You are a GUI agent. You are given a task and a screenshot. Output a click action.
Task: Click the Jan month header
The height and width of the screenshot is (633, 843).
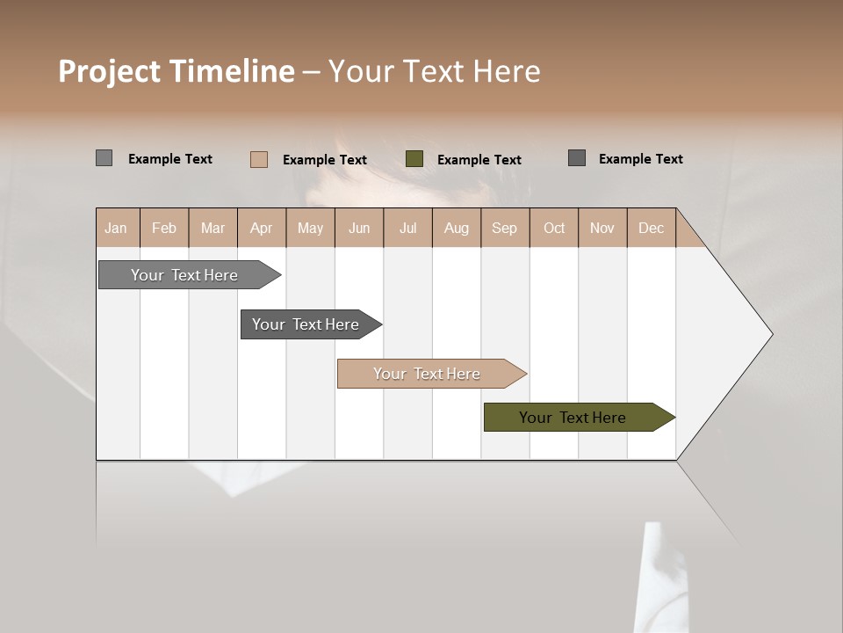pyautogui.click(x=116, y=228)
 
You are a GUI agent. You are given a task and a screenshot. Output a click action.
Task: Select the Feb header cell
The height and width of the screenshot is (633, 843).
pyautogui.click(x=164, y=228)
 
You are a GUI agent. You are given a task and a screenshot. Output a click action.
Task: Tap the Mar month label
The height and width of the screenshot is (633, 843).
pyautogui.click(x=213, y=228)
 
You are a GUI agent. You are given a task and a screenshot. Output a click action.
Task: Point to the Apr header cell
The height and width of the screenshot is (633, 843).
pyautogui.click(x=262, y=228)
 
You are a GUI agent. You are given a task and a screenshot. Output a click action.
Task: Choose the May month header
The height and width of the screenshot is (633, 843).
pyautogui.click(x=310, y=228)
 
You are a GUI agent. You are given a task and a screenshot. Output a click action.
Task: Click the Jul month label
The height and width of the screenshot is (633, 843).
pyautogui.click(x=407, y=228)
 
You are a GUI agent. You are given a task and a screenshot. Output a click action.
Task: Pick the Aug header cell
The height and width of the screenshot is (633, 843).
pyautogui.click(x=457, y=228)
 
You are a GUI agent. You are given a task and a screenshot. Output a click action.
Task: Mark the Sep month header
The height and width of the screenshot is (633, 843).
pyautogui.click(x=505, y=228)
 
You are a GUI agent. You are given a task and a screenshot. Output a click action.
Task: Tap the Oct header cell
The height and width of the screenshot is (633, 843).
pyautogui.click(x=554, y=228)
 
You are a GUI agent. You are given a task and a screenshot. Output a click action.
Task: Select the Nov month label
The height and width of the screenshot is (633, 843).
pyautogui.click(x=602, y=228)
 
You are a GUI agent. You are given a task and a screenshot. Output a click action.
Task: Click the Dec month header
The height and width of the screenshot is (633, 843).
pyautogui.click(x=651, y=228)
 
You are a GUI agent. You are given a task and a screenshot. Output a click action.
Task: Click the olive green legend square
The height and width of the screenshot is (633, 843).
pyautogui.click(x=414, y=159)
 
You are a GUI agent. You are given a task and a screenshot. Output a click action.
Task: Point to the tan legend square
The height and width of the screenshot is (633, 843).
pyautogui.click(x=259, y=159)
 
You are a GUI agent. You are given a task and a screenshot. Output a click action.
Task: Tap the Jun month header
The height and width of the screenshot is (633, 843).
pyautogui.click(x=359, y=228)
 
